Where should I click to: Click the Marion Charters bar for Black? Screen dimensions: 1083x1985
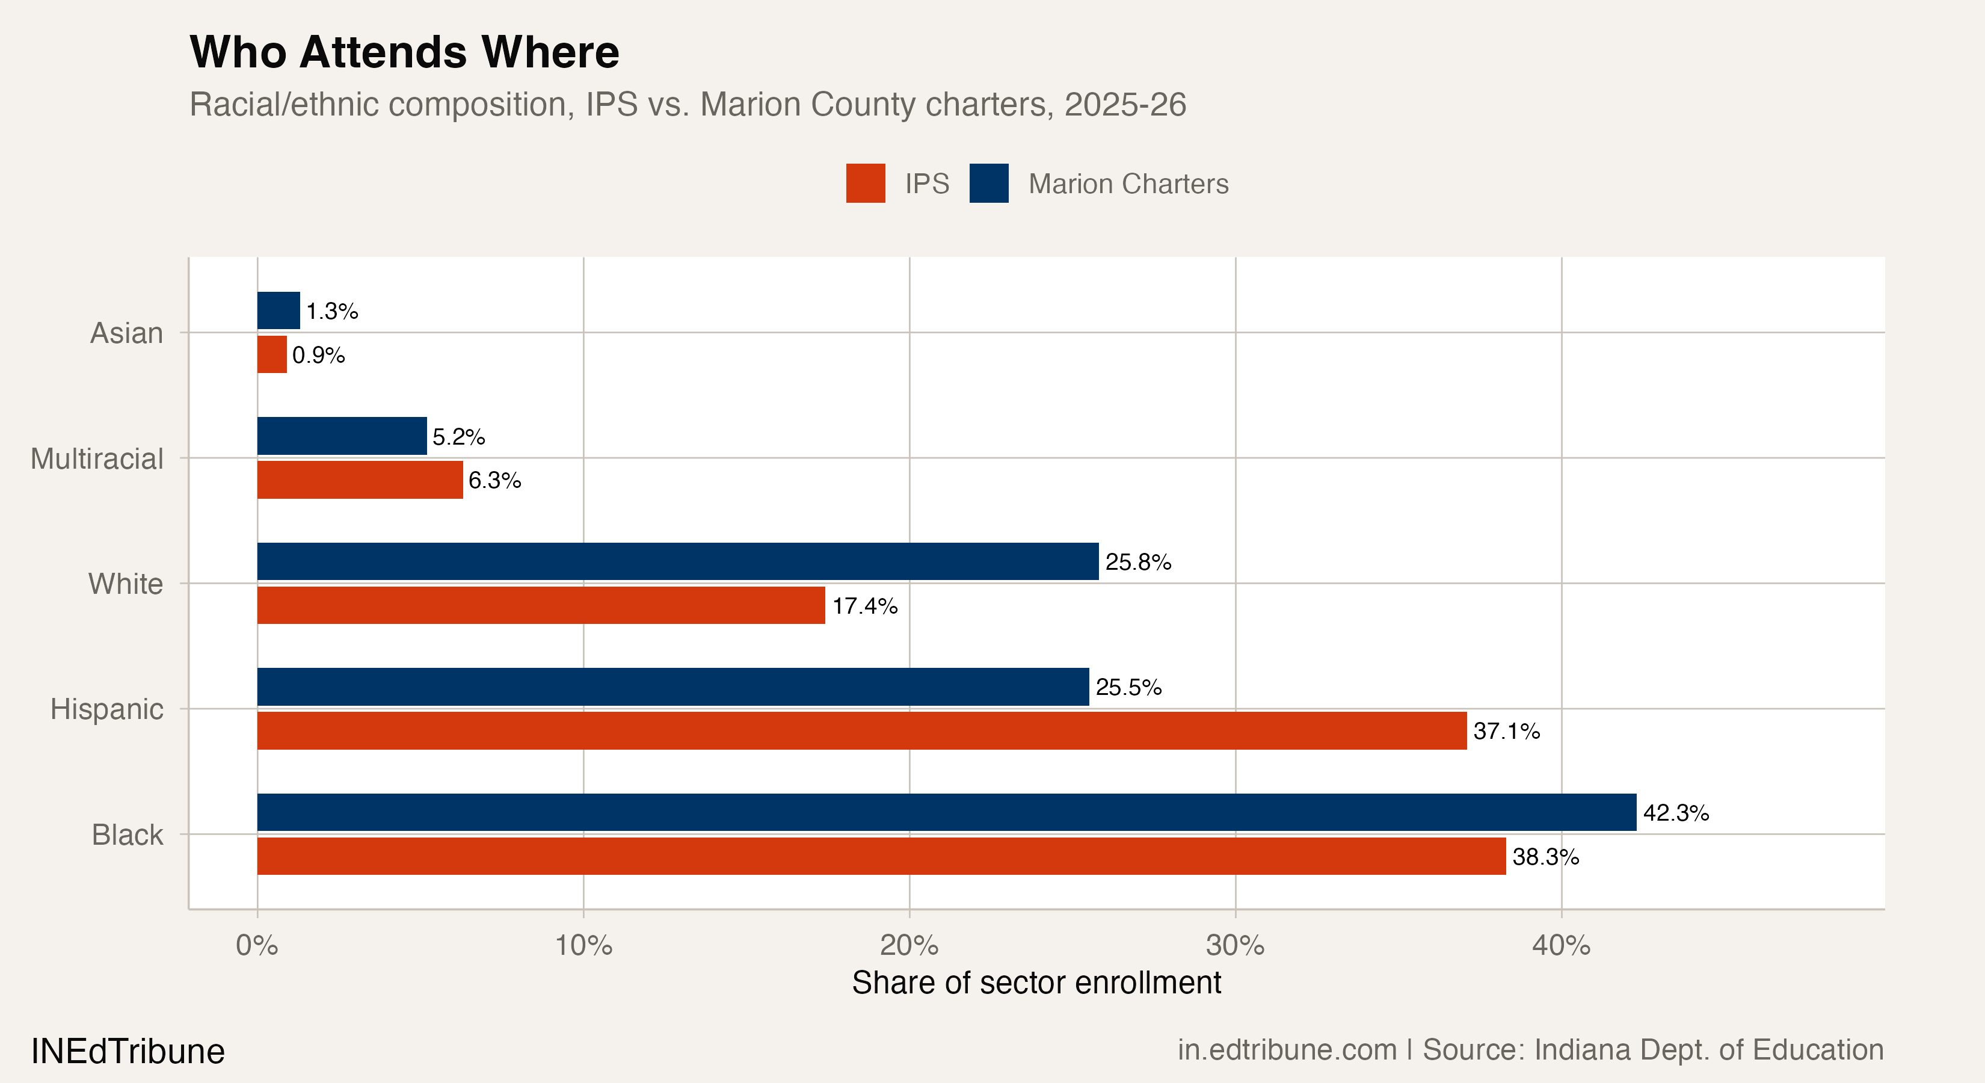[x=946, y=812]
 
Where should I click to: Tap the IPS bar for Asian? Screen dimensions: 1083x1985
[x=272, y=354]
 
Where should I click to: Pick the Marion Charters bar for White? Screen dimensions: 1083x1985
[x=677, y=561]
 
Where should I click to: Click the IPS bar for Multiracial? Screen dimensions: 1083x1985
[x=360, y=480]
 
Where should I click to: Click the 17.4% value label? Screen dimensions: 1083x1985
[x=864, y=606]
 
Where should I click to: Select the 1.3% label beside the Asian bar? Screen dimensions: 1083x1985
[x=332, y=312]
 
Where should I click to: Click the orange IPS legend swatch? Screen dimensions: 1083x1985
[x=866, y=184]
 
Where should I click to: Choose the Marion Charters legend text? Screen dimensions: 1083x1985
[x=1128, y=184]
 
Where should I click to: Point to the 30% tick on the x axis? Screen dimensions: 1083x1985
[x=1236, y=945]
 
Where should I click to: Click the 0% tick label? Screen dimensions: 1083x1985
[x=257, y=945]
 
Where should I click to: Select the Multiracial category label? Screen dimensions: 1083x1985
[x=97, y=458]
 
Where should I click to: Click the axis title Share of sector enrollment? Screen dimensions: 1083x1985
[x=1036, y=983]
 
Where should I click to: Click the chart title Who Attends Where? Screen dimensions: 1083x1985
[x=405, y=52]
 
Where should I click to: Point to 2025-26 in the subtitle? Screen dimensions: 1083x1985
[x=1125, y=104]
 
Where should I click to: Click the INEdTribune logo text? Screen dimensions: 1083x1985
[x=128, y=1051]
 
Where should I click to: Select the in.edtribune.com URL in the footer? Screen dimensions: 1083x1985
[x=1287, y=1050]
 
